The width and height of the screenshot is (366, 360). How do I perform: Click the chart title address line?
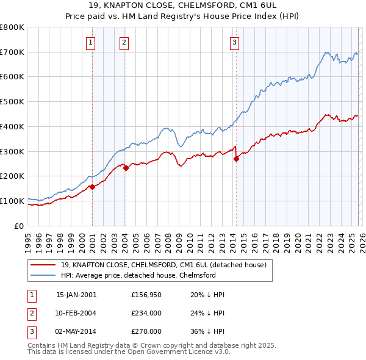182,6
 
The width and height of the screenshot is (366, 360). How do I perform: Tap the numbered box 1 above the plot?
90,42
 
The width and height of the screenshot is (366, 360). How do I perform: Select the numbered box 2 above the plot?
124,42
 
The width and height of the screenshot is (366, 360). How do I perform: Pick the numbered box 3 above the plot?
234,42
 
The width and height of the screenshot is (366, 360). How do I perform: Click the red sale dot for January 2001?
92,187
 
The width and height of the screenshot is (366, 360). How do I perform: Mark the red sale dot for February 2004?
126,168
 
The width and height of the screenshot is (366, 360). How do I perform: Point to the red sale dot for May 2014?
236,159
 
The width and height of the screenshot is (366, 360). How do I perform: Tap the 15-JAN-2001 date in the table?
76,294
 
